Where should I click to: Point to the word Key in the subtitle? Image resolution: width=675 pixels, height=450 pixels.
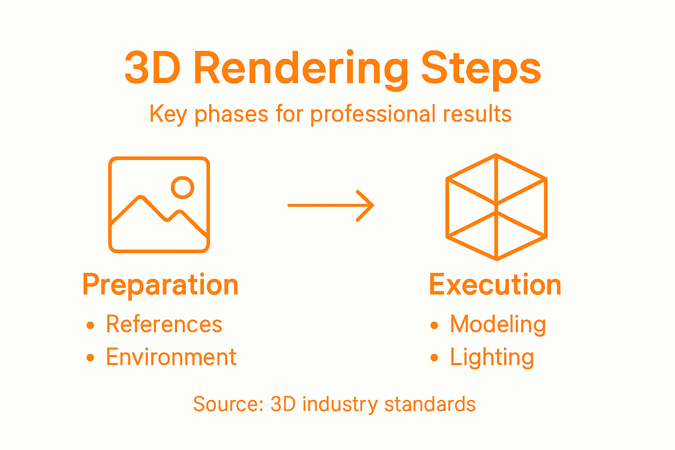(168, 114)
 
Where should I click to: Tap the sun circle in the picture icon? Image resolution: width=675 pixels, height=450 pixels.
(182, 188)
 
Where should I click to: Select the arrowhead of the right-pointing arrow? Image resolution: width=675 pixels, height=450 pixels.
(367, 205)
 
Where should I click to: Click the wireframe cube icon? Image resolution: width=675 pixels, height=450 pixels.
(496, 207)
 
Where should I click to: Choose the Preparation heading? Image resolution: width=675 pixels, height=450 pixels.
(160, 285)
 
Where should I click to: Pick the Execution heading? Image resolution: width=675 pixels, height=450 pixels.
(495, 285)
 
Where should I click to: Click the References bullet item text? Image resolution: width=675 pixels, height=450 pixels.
(164, 324)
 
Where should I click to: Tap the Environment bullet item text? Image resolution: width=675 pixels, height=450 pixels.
(171, 357)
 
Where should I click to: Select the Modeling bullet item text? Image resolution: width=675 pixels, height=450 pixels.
(498, 324)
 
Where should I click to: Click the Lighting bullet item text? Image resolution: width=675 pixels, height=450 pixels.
(492, 357)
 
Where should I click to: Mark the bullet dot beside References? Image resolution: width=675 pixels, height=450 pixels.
(91, 325)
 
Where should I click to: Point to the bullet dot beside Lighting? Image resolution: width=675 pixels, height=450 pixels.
(435, 358)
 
